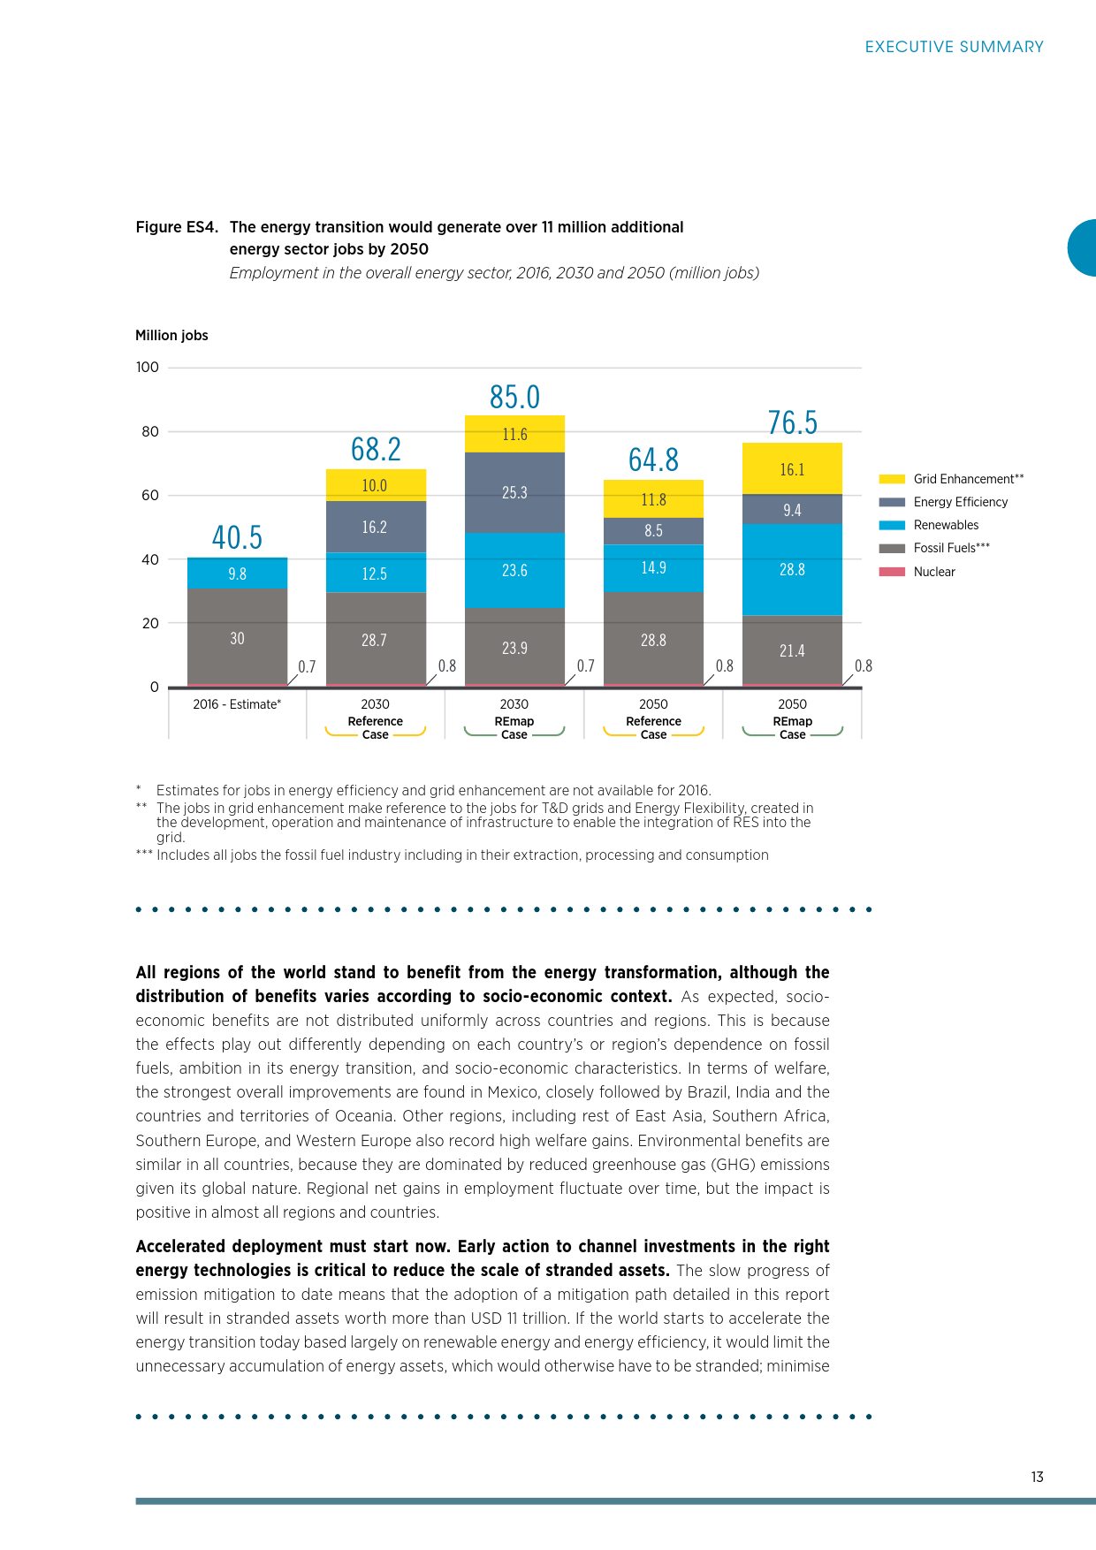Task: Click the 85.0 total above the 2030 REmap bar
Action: coord(514,398)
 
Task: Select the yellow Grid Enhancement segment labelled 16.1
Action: coord(792,468)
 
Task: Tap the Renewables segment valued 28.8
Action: coord(792,569)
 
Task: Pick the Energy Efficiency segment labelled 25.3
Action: coord(514,492)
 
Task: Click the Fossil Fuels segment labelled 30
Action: coord(237,637)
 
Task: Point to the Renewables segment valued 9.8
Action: coord(237,573)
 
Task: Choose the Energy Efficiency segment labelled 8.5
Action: coord(653,530)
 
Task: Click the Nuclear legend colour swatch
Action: coord(892,572)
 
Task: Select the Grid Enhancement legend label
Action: coord(968,479)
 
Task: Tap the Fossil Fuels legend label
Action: coord(951,548)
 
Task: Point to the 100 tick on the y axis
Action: coord(148,367)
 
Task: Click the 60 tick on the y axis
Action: coord(150,495)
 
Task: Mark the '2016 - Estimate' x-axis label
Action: coord(237,704)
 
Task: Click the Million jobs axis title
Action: coord(171,336)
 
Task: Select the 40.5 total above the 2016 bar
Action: coord(237,537)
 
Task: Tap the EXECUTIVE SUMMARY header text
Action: coord(954,47)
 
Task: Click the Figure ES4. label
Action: coord(177,227)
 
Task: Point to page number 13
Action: coord(1037,1477)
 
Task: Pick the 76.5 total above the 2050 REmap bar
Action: coord(792,423)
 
